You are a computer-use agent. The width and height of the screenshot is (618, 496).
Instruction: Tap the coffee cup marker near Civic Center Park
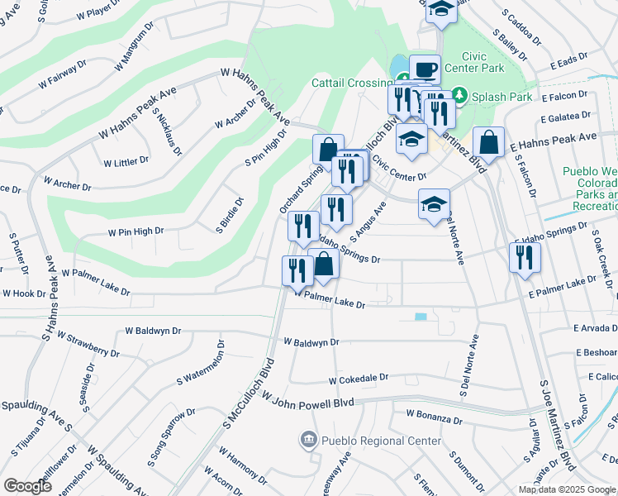click(424, 69)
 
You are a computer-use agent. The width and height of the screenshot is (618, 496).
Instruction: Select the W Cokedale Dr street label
click(358, 379)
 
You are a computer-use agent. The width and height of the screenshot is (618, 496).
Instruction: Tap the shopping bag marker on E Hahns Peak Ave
click(489, 142)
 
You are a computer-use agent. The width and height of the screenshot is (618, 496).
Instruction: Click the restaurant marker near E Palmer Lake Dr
click(525, 258)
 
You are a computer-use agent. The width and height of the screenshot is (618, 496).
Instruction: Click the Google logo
click(28, 486)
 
